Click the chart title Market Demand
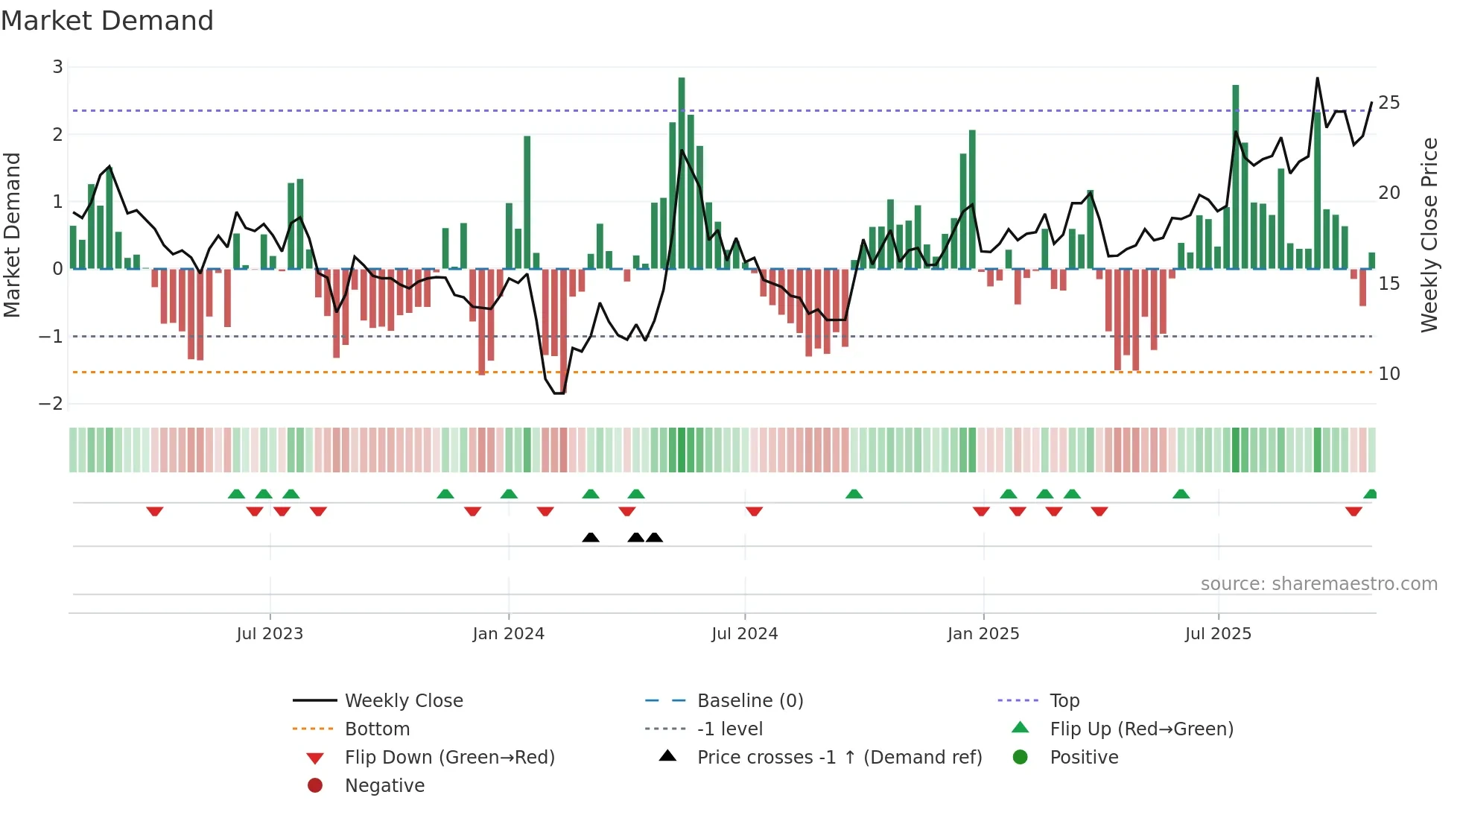tap(107, 21)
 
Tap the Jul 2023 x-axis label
tap(270, 634)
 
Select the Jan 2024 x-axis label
tap(508, 634)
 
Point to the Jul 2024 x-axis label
tap(744, 634)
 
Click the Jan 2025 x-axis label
tap(983, 634)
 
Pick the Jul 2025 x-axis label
tap(1218, 634)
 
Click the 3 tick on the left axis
tap(57, 67)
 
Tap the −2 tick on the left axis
tap(51, 404)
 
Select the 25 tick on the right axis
tap(1388, 103)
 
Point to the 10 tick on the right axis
tap(1388, 374)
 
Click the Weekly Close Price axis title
tap(1429, 235)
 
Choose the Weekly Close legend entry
tap(403, 701)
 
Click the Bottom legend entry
tap(377, 729)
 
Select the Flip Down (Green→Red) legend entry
tap(449, 758)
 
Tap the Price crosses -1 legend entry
tap(839, 758)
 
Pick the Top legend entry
tap(1064, 701)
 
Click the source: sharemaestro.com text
tap(1318, 584)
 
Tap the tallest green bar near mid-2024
tap(682, 171)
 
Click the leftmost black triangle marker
tap(591, 538)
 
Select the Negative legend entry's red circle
tap(315, 786)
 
